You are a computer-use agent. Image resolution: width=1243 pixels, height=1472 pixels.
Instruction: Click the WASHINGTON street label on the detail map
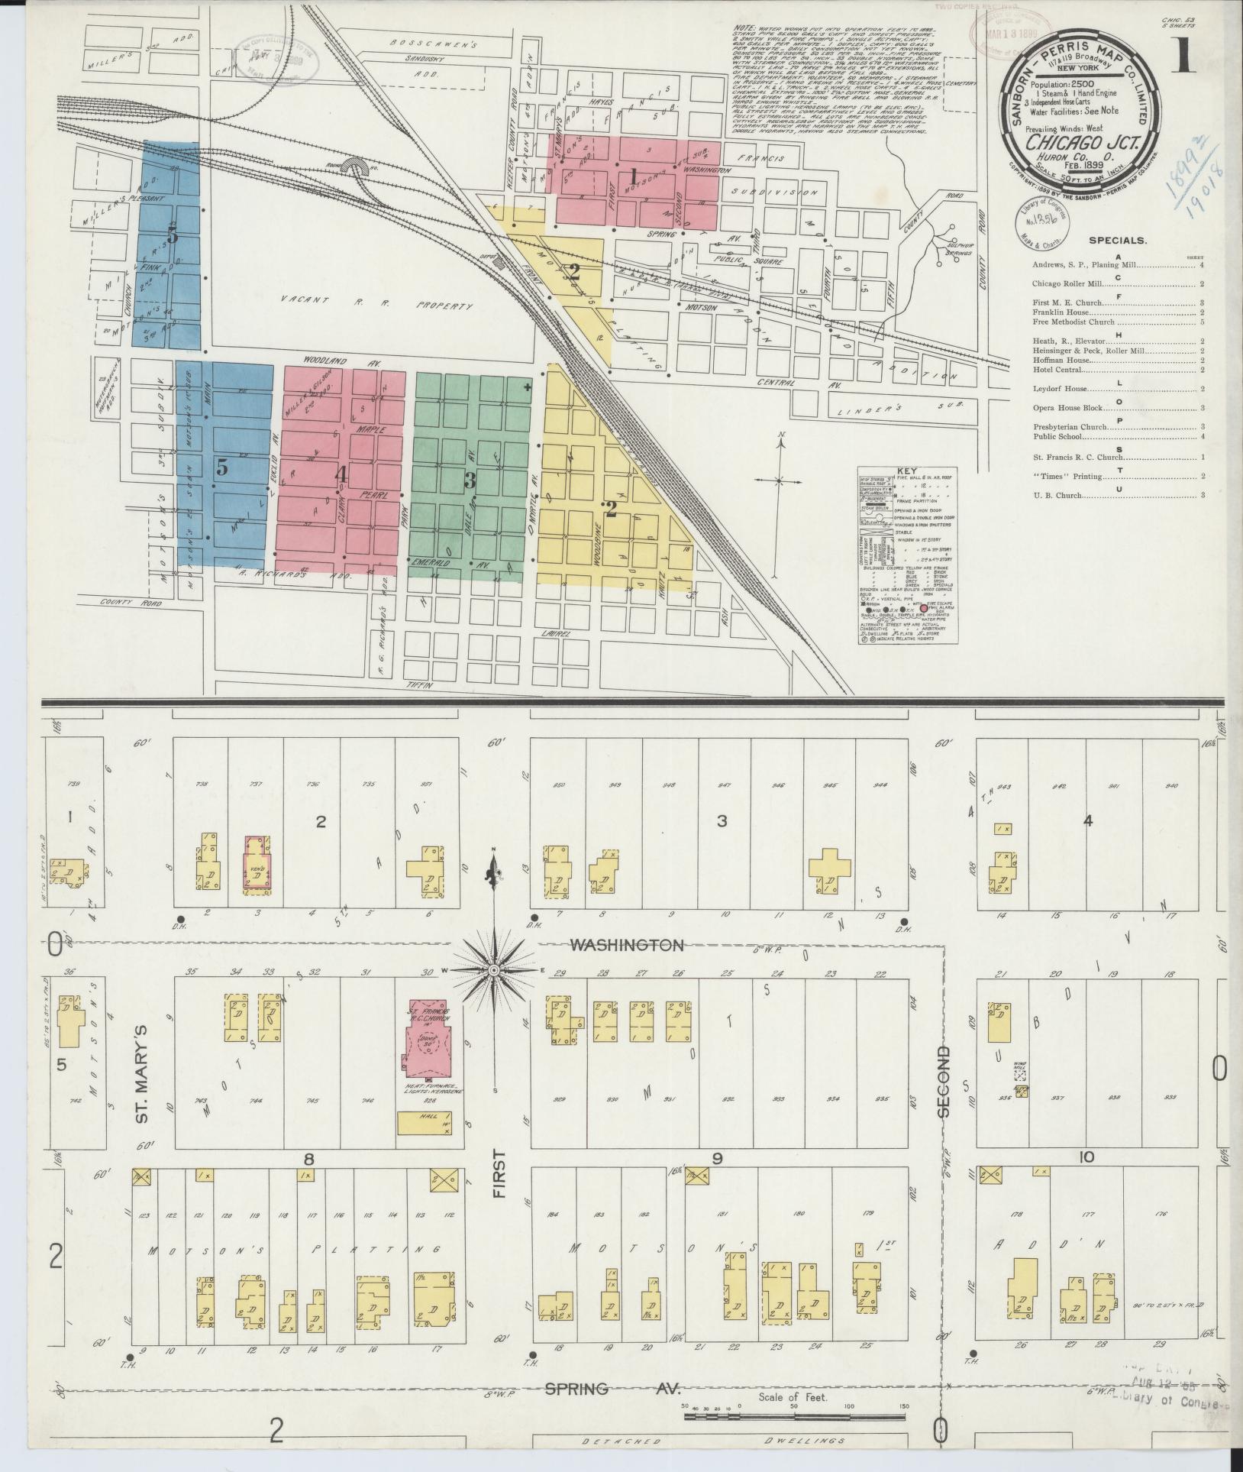coord(627,946)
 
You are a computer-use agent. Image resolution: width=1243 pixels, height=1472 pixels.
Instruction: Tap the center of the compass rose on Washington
coord(494,970)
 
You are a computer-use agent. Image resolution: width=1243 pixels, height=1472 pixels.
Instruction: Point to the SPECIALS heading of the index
coord(1117,240)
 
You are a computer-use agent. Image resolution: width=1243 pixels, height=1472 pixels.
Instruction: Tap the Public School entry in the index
coord(1057,437)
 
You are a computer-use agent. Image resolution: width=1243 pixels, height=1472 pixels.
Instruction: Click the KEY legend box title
coord(908,472)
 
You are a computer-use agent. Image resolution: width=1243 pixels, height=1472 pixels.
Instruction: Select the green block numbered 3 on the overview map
coord(470,480)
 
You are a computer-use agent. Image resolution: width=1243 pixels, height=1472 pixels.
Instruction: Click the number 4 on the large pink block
coord(342,475)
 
